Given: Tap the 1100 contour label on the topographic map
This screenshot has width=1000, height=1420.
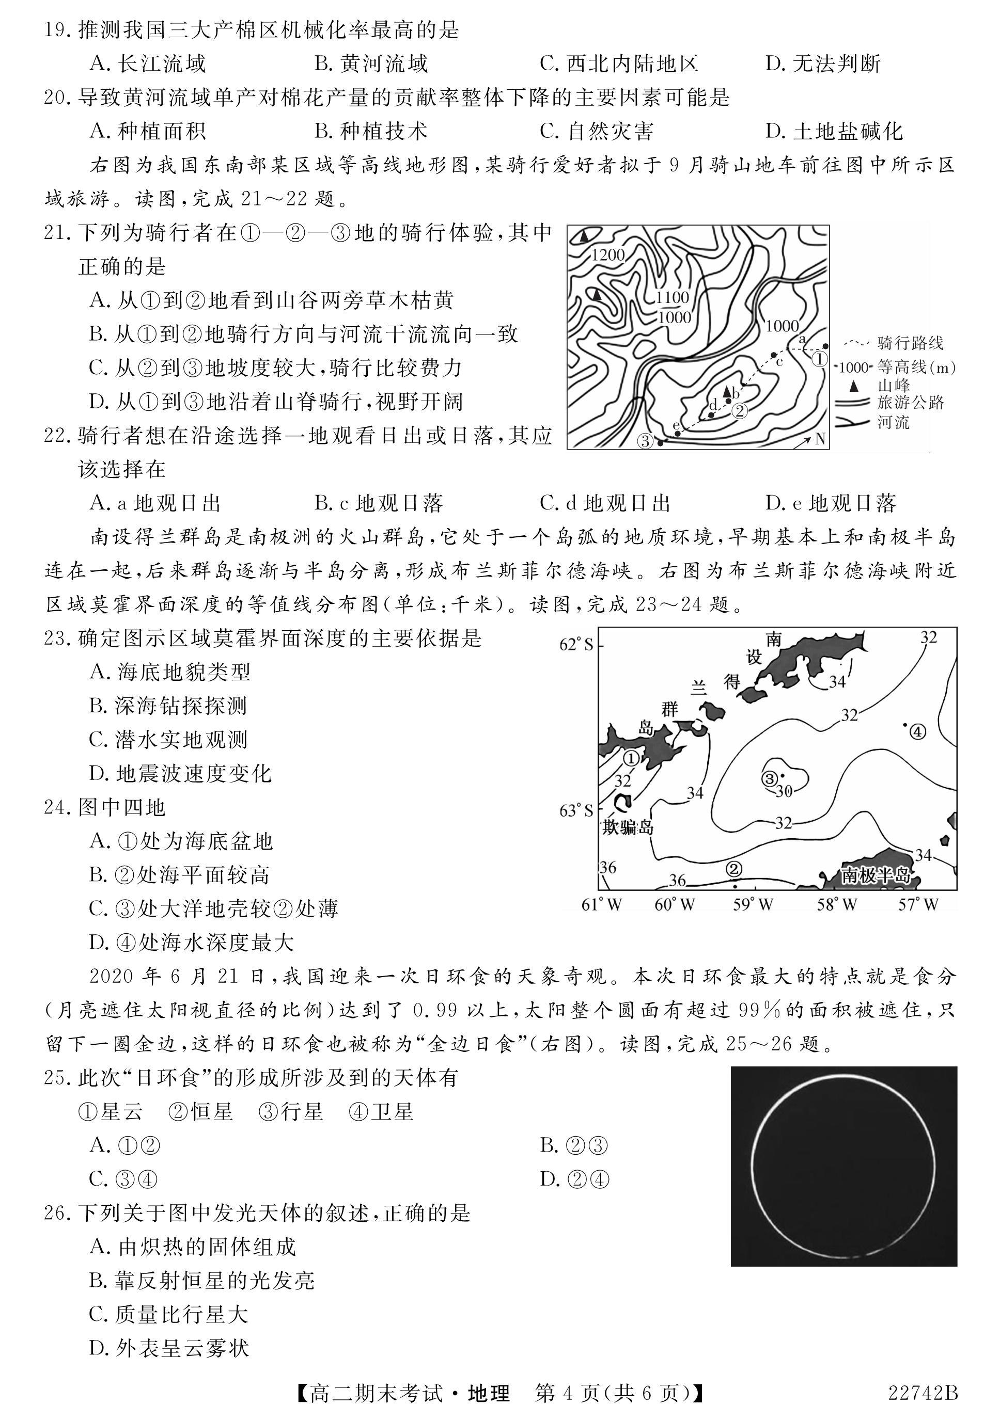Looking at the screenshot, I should (x=673, y=297).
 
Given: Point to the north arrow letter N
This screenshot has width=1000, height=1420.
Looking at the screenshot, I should (x=821, y=439).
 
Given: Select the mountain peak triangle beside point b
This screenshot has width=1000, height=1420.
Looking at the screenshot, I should (x=727, y=391).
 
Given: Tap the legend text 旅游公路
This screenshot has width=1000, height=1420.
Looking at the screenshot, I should (x=910, y=403).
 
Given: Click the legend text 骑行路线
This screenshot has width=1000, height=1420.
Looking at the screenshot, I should (x=910, y=343).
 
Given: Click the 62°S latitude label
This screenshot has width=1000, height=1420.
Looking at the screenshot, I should (x=576, y=644).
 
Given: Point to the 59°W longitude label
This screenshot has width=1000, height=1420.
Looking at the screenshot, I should (x=753, y=905).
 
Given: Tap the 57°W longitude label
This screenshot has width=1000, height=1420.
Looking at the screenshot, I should (x=918, y=905).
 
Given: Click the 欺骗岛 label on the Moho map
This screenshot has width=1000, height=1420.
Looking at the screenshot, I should (x=628, y=827).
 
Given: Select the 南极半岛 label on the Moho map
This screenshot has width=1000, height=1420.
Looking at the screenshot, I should (x=876, y=875).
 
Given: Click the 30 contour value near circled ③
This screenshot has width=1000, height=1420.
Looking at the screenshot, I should (x=784, y=791).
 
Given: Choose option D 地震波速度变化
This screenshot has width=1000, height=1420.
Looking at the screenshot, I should (x=181, y=773).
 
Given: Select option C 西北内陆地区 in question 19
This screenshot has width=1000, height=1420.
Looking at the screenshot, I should (x=619, y=63).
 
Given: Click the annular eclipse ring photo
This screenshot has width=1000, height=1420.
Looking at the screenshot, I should (x=843, y=1166).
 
